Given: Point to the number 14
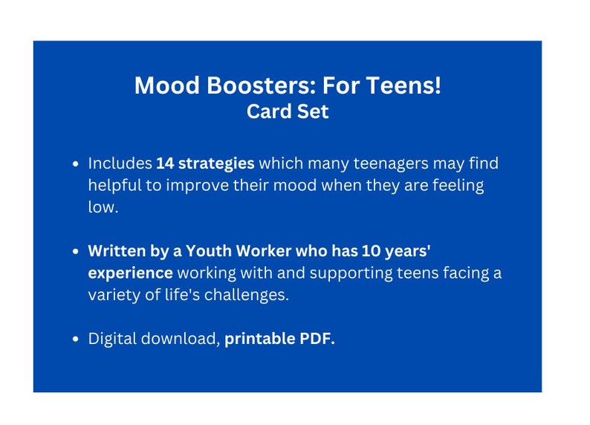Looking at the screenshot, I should click(x=166, y=163).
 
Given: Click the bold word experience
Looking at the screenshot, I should click(x=131, y=273).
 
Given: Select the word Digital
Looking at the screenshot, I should click(x=113, y=339).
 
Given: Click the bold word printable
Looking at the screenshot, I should click(x=259, y=339).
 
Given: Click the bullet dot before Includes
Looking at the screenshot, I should click(x=77, y=163).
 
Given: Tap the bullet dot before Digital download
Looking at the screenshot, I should click(x=77, y=340).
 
